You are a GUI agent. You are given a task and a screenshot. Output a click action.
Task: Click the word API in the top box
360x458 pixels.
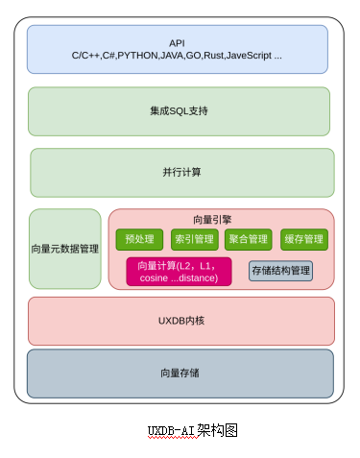pyautogui.click(x=177, y=43)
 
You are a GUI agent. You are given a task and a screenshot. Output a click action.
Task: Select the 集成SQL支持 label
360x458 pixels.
pyautogui.click(x=179, y=111)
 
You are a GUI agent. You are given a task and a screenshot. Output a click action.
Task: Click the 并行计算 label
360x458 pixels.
pyautogui.click(x=181, y=172)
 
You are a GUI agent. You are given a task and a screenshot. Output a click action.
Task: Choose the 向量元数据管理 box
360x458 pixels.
pyautogui.click(x=65, y=249)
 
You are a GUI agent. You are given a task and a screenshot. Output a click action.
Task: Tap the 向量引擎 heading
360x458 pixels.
pyautogui.click(x=212, y=220)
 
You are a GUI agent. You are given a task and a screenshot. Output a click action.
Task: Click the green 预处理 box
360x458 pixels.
pyautogui.click(x=139, y=239)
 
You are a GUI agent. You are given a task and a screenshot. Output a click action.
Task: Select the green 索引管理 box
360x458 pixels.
pyautogui.click(x=195, y=239)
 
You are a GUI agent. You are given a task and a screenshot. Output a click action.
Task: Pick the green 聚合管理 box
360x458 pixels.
pyautogui.click(x=249, y=239)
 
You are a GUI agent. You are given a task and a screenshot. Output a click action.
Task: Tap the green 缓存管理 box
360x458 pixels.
pyautogui.click(x=304, y=239)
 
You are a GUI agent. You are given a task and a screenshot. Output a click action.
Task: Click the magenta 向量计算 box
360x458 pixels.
pyautogui.click(x=179, y=272)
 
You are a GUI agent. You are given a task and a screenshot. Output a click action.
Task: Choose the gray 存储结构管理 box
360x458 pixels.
pyautogui.click(x=280, y=271)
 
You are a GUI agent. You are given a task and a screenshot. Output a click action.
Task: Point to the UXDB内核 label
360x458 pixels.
pyautogui.click(x=181, y=321)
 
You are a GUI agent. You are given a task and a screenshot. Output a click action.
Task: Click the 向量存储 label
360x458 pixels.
pyautogui.click(x=180, y=373)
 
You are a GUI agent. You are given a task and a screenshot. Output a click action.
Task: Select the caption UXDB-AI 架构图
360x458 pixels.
pyautogui.click(x=193, y=430)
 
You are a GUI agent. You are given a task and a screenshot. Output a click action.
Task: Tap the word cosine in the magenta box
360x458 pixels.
pyautogui.click(x=154, y=277)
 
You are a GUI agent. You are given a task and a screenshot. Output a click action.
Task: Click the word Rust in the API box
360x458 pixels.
pyautogui.click(x=214, y=56)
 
